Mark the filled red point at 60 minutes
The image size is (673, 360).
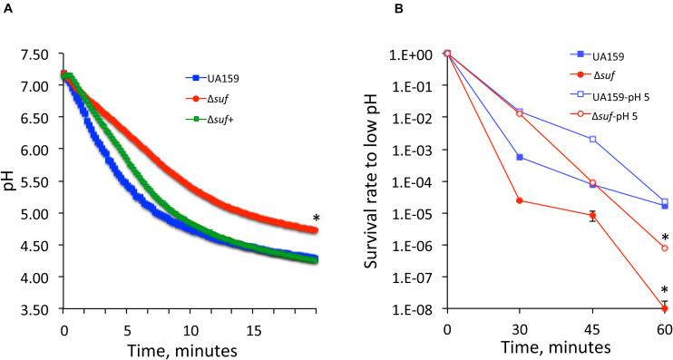point(665,309)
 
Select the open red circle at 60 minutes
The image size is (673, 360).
point(665,248)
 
